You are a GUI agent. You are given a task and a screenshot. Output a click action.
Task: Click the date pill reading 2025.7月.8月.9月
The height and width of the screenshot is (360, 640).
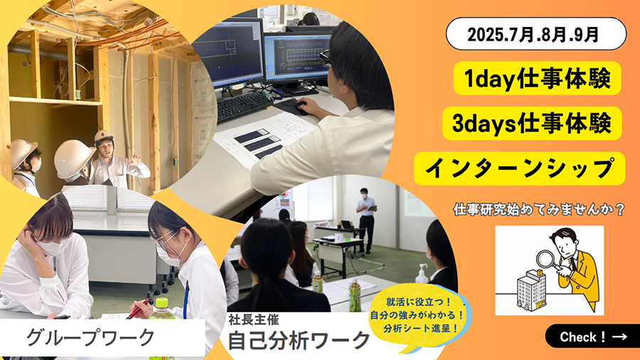point(536,34)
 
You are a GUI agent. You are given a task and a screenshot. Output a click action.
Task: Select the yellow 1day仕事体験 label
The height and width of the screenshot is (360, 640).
point(537,78)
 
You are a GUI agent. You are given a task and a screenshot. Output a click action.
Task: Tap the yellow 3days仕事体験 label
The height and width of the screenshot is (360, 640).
point(532,123)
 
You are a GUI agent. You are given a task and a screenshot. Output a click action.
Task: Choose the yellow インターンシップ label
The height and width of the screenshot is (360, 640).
point(519,168)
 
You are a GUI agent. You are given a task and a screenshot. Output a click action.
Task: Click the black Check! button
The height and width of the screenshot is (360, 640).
point(592,337)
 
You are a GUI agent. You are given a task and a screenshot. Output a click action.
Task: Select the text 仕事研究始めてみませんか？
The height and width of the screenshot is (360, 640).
point(539,209)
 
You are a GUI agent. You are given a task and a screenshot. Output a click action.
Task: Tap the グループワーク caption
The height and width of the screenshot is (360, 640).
point(90,337)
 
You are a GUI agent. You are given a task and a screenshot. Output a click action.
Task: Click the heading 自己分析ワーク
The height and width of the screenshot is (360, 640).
point(299,340)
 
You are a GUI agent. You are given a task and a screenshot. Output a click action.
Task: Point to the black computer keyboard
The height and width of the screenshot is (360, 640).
point(244,105)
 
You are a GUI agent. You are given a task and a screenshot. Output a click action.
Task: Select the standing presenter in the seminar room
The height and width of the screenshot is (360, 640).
point(366,220)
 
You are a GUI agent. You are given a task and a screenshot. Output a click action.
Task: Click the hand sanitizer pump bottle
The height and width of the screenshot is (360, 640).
point(421,273)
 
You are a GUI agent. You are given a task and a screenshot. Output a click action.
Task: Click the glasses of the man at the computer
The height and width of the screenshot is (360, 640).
point(324,58)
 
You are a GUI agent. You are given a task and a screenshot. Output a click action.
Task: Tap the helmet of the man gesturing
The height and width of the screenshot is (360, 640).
point(104,137)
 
